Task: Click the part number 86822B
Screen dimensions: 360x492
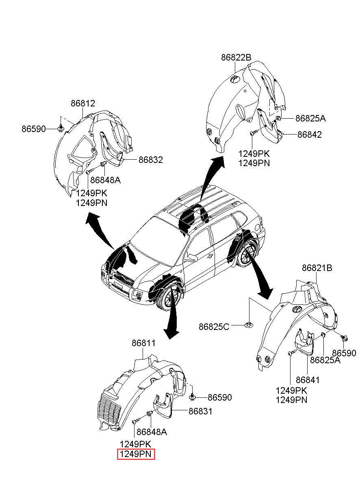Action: (x=236, y=58)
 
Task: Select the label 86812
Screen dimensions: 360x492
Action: (x=83, y=103)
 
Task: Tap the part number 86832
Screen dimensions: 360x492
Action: (x=151, y=160)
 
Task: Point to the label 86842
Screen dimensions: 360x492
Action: (x=310, y=134)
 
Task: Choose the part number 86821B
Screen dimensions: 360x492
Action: (x=317, y=268)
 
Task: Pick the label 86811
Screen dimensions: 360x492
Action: (x=143, y=343)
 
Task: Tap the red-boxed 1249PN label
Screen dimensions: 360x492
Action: (x=136, y=454)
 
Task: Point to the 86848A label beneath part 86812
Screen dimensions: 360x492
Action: (x=105, y=180)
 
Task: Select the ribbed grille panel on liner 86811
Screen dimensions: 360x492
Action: (x=110, y=410)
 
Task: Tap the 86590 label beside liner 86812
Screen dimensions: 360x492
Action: (x=34, y=129)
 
